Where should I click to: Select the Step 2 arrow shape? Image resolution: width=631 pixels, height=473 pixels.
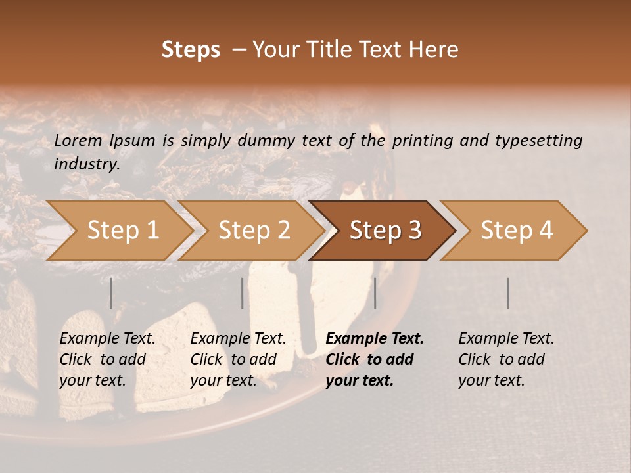point(253,231)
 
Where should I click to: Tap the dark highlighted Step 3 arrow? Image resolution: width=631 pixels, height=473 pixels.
point(385,231)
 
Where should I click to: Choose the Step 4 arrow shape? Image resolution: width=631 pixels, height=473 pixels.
point(516,231)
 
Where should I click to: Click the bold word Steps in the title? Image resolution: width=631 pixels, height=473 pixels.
point(191,50)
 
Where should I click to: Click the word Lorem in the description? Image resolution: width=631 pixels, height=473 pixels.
point(78,140)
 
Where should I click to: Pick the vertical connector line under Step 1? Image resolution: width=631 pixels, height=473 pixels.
point(111,293)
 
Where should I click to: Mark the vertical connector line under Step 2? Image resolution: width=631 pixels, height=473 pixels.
point(243,293)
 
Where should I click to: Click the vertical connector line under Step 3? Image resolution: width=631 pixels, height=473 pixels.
point(375,293)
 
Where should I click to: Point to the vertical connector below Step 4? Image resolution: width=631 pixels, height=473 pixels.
point(507,293)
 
